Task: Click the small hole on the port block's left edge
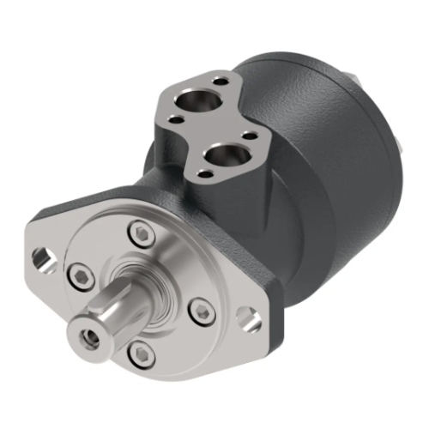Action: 176,121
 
